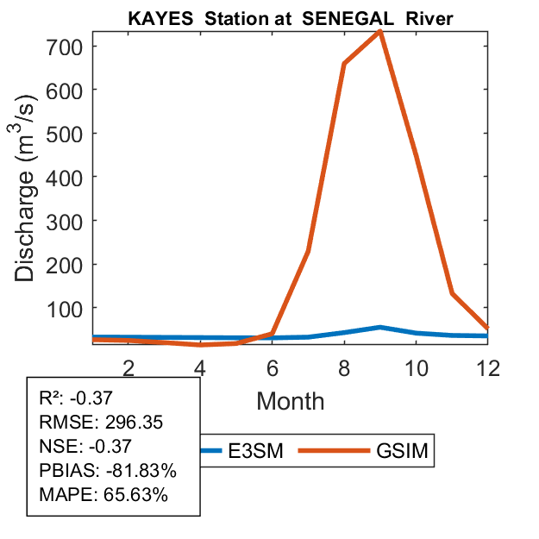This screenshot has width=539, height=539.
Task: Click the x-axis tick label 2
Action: tap(128, 369)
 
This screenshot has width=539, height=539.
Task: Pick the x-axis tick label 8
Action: tap(344, 369)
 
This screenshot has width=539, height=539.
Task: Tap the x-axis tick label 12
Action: tap(488, 369)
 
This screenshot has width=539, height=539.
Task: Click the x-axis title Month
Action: tap(291, 401)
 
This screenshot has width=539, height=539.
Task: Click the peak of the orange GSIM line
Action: tap(379, 32)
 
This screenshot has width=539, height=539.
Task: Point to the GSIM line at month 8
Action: tap(344, 64)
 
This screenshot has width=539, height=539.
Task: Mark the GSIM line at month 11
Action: tap(452, 293)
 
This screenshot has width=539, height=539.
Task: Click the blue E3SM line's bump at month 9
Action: tap(380, 328)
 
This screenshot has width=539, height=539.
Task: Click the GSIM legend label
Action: tap(403, 451)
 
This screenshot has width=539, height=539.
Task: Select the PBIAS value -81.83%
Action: tap(141, 472)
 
